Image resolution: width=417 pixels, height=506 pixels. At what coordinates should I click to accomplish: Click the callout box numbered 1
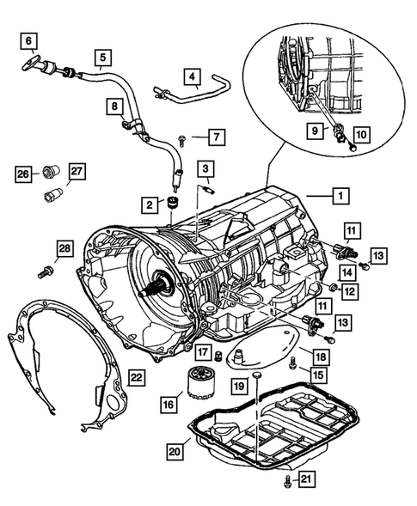click(x=340, y=195)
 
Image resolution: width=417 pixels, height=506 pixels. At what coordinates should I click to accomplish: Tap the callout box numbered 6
click(x=28, y=40)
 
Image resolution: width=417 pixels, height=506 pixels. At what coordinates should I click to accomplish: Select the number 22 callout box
click(x=137, y=377)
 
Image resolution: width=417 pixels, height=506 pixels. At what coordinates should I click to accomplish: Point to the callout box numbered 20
click(x=175, y=452)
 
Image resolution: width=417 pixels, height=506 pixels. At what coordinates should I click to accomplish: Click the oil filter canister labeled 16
click(x=198, y=383)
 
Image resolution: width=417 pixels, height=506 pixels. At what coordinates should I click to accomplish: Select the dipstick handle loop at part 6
click(x=31, y=64)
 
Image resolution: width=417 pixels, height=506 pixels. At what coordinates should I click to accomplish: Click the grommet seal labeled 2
click(x=173, y=203)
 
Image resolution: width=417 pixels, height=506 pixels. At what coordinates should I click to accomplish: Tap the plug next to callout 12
click(x=334, y=287)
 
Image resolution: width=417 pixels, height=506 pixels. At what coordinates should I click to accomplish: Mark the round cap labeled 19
click(x=257, y=375)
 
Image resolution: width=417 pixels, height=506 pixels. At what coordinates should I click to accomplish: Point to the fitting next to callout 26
click(x=51, y=171)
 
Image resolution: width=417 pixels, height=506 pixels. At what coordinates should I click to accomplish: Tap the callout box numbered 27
click(x=77, y=172)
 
